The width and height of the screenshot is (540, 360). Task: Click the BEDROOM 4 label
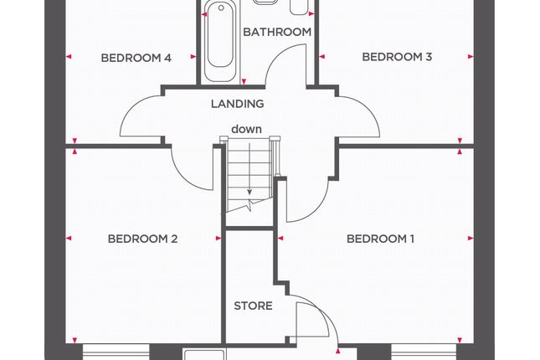coord(136,58)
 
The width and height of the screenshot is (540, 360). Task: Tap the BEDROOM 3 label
coord(397,57)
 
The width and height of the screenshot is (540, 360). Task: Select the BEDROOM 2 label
coord(142,239)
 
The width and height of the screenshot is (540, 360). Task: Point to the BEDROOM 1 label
coord(380,239)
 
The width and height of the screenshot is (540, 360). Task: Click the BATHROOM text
coord(277,32)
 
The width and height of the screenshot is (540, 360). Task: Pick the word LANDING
coord(238,104)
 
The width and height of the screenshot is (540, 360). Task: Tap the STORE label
coord(253,306)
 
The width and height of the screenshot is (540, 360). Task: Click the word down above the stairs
coord(246,129)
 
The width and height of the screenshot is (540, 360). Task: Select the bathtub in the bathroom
coord(220,41)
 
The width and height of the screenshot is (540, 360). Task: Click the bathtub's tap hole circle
coord(221,8)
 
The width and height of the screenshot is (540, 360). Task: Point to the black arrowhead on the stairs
coord(249,192)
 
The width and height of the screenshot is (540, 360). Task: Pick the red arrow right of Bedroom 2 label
coord(219,238)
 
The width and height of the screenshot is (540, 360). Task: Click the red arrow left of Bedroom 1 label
coord(280,238)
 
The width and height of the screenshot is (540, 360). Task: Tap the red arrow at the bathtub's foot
coord(244,82)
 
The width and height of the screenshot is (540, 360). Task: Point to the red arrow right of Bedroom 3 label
coord(471,57)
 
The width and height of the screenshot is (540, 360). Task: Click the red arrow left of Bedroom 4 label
coord(69,57)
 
